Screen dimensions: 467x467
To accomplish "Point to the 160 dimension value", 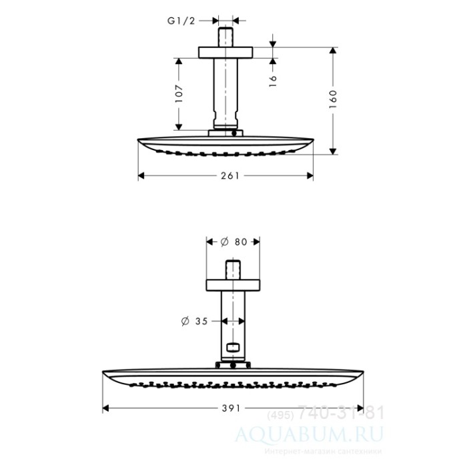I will click(333, 100).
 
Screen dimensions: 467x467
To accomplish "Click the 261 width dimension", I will click(225, 175).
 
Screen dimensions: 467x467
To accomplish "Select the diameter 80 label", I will click(233, 242).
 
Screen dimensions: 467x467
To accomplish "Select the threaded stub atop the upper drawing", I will click(226, 35).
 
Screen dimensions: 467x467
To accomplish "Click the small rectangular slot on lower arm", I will click(233, 347).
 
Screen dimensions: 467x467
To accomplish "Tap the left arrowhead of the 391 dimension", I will click(106, 408).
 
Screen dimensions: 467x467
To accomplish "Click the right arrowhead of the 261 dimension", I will click(310, 175).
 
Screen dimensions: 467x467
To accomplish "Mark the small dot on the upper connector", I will click(234, 133).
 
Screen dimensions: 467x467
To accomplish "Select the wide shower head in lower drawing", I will click(233, 377).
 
